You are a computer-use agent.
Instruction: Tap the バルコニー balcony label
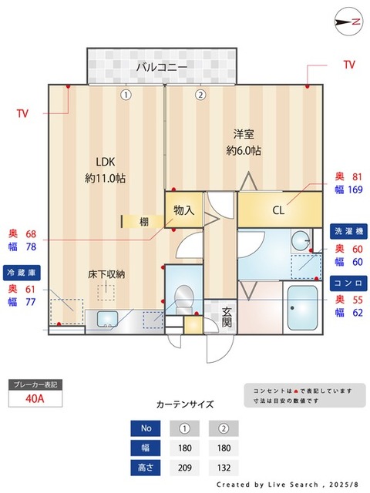pos(162,68)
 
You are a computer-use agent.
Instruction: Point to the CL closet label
pos(278,210)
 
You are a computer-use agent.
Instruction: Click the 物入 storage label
pos(183,210)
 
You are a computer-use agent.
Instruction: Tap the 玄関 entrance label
pos(227,317)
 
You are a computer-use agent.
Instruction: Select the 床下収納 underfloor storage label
pos(106,273)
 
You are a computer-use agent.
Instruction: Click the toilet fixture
pos(183,297)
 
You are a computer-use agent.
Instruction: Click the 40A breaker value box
pos(34,399)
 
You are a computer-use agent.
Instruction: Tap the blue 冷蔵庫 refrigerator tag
pos(22,273)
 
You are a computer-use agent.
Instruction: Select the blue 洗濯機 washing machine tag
pos(348,231)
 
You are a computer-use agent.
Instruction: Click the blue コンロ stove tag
pos(348,283)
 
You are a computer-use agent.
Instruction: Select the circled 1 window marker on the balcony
pos(126,95)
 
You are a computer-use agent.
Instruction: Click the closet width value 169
pos(355,190)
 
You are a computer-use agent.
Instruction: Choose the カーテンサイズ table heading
pos(185,404)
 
